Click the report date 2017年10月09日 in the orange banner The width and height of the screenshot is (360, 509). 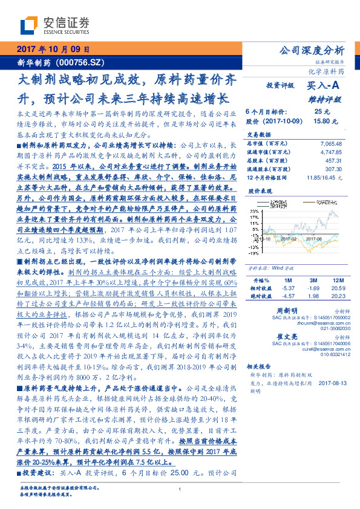pos(53,50)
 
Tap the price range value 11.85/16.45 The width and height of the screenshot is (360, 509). pos(324,178)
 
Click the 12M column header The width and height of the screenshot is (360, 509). pos(335,264)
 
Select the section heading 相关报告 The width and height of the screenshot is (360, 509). pos(260,367)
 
